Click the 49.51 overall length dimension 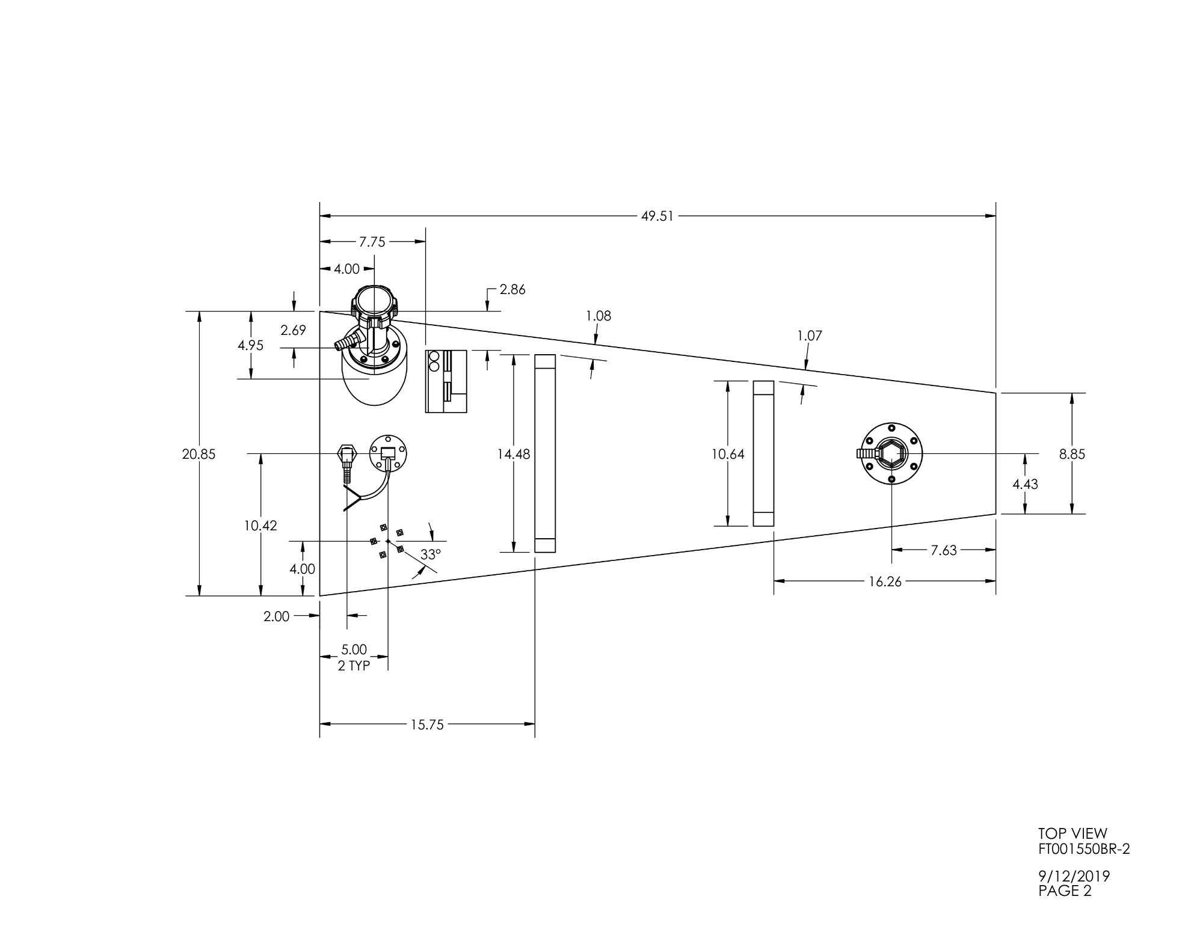[657, 216]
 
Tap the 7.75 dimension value [372, 242]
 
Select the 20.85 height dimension [198, 454]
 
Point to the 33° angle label [431, 554]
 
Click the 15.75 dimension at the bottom [427, 725]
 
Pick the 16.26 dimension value [885, 581]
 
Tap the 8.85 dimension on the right [1072, 454]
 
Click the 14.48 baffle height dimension [513, 454]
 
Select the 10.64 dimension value [728, 454]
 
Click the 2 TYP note [354, 666]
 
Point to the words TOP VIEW [1072, 833]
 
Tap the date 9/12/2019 [1074, 876]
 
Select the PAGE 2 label [1065, 891]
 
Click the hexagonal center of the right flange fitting [891, 453]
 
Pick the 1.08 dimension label [598, 316]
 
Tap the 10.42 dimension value [260, 526]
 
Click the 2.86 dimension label [512, 290]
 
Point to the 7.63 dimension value [944, 550]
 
